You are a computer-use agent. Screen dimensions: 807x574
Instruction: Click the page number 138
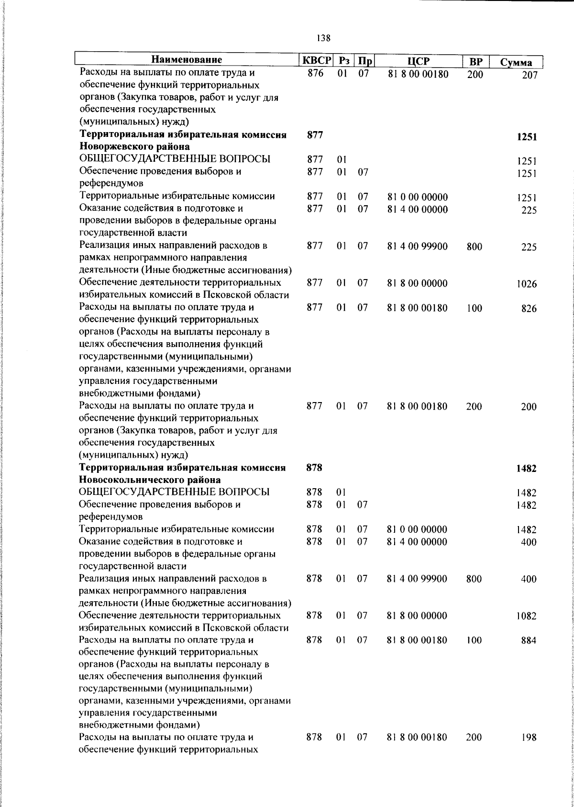click(x=323, y=38)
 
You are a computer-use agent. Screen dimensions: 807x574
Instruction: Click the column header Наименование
click(x=187, y=60)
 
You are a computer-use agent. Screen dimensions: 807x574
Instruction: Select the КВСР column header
click(x=316, y=61)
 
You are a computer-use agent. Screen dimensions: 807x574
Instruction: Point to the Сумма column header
click(x=516, y=63)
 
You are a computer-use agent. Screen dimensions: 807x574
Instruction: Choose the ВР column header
click(x=475, y=62)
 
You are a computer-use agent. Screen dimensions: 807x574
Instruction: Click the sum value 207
click(x=530, y=75)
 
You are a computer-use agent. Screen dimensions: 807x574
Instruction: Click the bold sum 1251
click(x=527, y=137)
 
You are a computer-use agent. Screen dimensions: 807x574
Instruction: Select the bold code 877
click(x=315, y=134)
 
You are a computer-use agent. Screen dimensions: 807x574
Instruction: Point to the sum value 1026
click(x=526, y=284)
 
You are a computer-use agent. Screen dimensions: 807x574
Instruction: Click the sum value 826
click(x=529, y=309)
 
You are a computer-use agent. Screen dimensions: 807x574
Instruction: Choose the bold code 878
click(x=314, y=468)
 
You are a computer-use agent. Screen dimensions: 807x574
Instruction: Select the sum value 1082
click(x=526, y=616)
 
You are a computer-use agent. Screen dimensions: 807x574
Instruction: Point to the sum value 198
click(x=529, y=751)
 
